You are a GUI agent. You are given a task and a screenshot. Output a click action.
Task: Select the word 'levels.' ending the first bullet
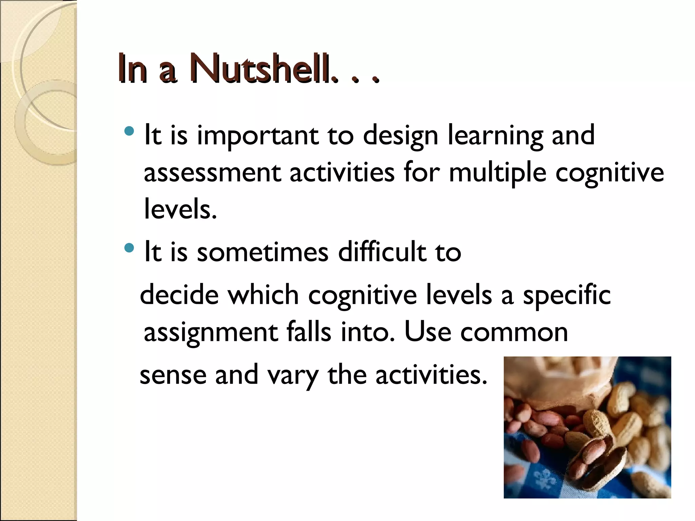tap(180, 209)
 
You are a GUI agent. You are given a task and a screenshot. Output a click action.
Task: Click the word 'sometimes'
tap(263, 252)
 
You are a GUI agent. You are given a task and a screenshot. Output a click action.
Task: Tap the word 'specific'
tap(567, 295)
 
